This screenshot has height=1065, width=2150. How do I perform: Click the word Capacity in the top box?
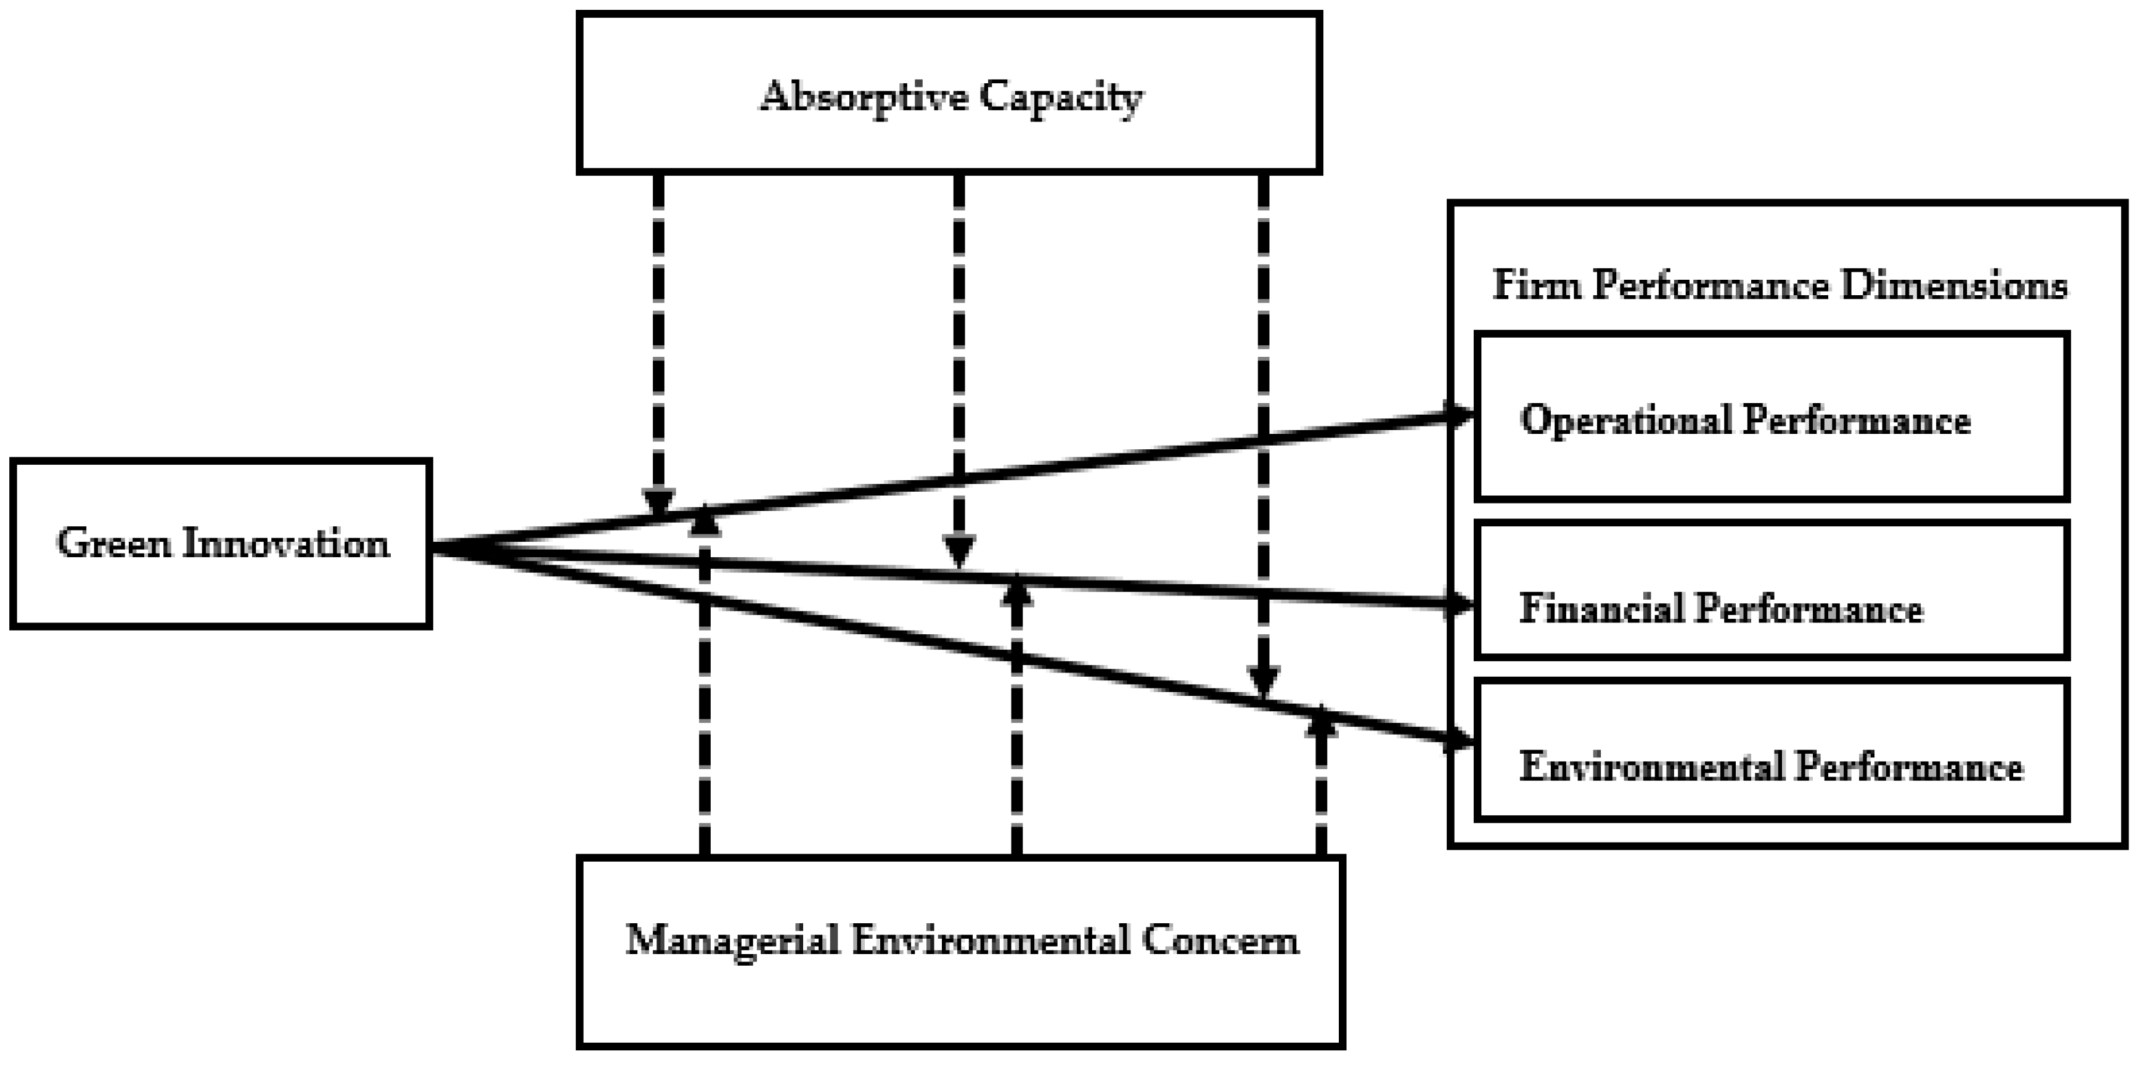pyautogui.click(x=1060, y=97)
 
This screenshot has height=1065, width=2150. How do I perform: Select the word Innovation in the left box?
pyautogui.click(x=285, y=544)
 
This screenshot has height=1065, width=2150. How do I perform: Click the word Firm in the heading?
pyautogui.click(x=1535, y=285)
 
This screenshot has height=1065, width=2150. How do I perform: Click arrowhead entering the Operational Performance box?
pyautogui.click(x=1459, y=414)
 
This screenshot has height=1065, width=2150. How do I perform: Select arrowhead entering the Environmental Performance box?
pyautogui.click(x=1459, y=740)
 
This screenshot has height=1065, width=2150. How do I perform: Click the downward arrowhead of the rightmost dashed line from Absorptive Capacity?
pyautogui.click(x=1263, y=680)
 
